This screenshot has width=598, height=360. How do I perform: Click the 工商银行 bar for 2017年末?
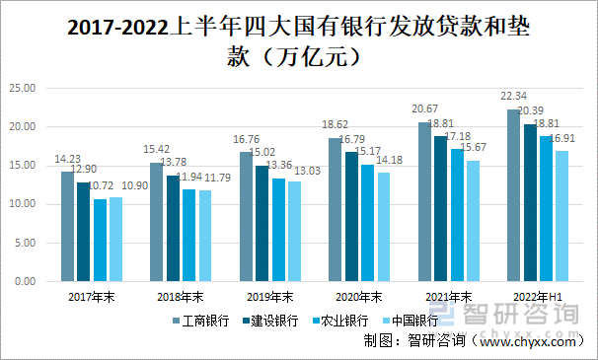pos(67,227)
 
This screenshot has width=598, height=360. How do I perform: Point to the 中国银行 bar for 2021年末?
pos(474,221)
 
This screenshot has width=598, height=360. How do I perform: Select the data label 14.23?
pos(67,158)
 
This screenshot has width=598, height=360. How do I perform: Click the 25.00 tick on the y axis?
pos(22,89)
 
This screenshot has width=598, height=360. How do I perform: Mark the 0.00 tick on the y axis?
pos(25,281)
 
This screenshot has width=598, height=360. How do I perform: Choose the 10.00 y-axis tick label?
pos(22,204)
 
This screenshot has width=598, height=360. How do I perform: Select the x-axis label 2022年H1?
pos(534,296)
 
